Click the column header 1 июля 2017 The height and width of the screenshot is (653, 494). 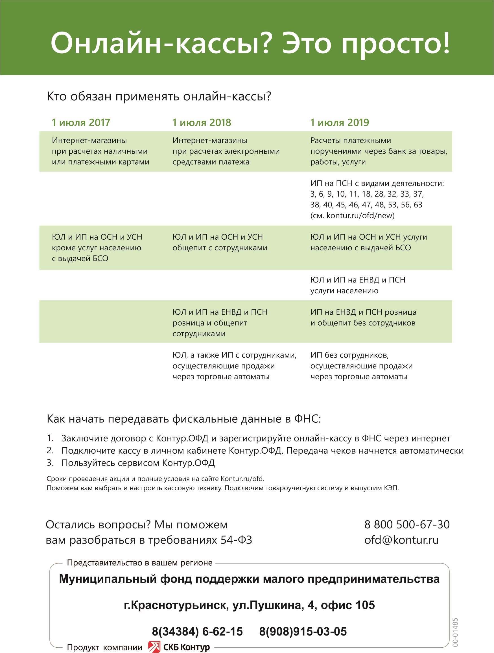(x=81, y=123)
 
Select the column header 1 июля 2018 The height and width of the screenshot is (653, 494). (x=201, y=123)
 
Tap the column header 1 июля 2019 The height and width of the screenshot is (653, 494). (x=339, y=123)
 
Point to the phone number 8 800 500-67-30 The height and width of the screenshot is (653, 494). (x=407, y=525)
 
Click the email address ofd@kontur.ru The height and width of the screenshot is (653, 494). (x=401, y=540)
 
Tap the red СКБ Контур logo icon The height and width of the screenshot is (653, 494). (x=154, y=647)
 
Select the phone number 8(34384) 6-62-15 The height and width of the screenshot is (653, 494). (x=197, y=632)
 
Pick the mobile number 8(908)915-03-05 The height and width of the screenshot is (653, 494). (x=303, y=632)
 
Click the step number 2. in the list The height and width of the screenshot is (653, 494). (x=50, y=450)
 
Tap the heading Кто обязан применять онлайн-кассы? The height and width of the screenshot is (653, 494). (x=159, y=96)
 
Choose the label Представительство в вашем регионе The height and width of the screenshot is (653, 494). (x=139, y=563)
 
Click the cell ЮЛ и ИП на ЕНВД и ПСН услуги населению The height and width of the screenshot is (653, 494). (x=358, y=285)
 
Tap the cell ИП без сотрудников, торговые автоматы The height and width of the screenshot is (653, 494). (x=361, y=366)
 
